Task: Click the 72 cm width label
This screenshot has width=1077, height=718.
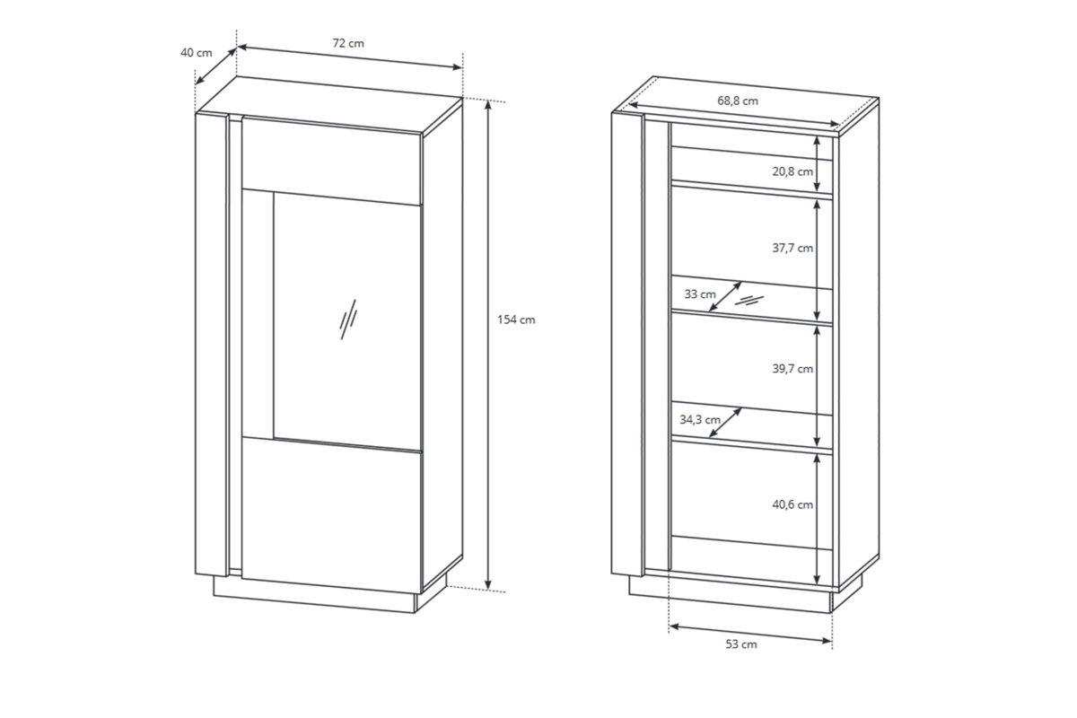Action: click(348, 43)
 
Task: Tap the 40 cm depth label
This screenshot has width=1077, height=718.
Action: click(197, 53)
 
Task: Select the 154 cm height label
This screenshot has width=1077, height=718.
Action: click(516, 320)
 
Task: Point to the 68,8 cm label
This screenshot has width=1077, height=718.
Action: click(738, 101)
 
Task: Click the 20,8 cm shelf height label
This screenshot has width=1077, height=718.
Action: click(792, 171)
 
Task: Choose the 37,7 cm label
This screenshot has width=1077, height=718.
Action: click(792, 248)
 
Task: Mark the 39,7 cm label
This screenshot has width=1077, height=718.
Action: click(792, 369)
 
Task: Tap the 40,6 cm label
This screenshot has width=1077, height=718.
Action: click(792, 504)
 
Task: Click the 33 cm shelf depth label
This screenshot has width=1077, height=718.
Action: click(700, 293)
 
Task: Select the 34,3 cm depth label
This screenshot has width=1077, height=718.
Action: click(699, 420)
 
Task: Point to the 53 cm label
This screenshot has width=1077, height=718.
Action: click(741, 644)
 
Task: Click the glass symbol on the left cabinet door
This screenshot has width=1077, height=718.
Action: click(348, 320)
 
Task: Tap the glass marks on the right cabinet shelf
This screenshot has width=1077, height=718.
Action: click(749, 301)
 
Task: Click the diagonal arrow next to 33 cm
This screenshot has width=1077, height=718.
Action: click(725, 297)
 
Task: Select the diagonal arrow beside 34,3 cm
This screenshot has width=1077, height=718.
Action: click(725, 423)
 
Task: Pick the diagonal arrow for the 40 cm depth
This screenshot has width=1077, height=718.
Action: click(216, 66)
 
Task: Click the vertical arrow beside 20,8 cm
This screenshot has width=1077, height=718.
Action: click(817, 164)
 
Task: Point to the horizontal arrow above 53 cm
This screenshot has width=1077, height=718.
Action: click(750, 634)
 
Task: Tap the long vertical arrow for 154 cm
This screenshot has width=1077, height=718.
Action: click(488, 345)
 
